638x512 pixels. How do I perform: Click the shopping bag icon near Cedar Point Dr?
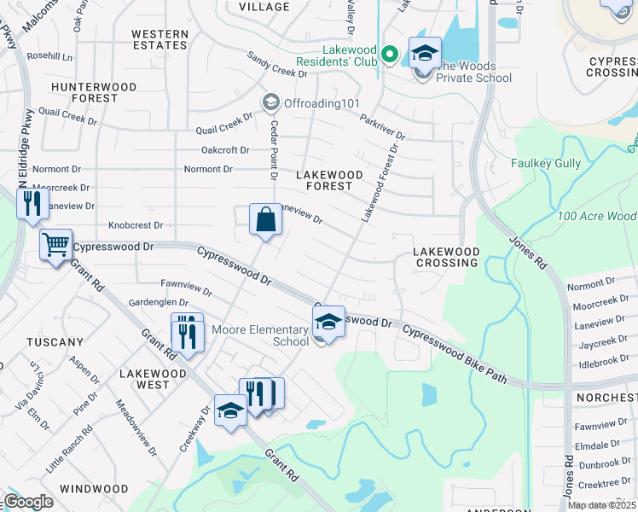[266, 219]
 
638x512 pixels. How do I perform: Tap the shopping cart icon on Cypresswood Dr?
[55, 246]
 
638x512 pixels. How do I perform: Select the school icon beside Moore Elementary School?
[328, 323]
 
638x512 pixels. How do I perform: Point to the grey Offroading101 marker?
[271, 103]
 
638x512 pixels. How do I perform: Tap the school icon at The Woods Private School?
[424, 54]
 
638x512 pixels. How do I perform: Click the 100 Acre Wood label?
[596, 217]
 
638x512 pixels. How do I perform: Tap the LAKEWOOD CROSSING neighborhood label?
[445, 257]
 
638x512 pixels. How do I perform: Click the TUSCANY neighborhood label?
[55, 342]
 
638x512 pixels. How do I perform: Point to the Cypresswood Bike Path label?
[454, 353]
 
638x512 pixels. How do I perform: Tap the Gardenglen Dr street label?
[157, 302]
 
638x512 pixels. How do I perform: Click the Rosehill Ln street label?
[49, 56]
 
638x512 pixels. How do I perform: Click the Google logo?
[28, 501]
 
